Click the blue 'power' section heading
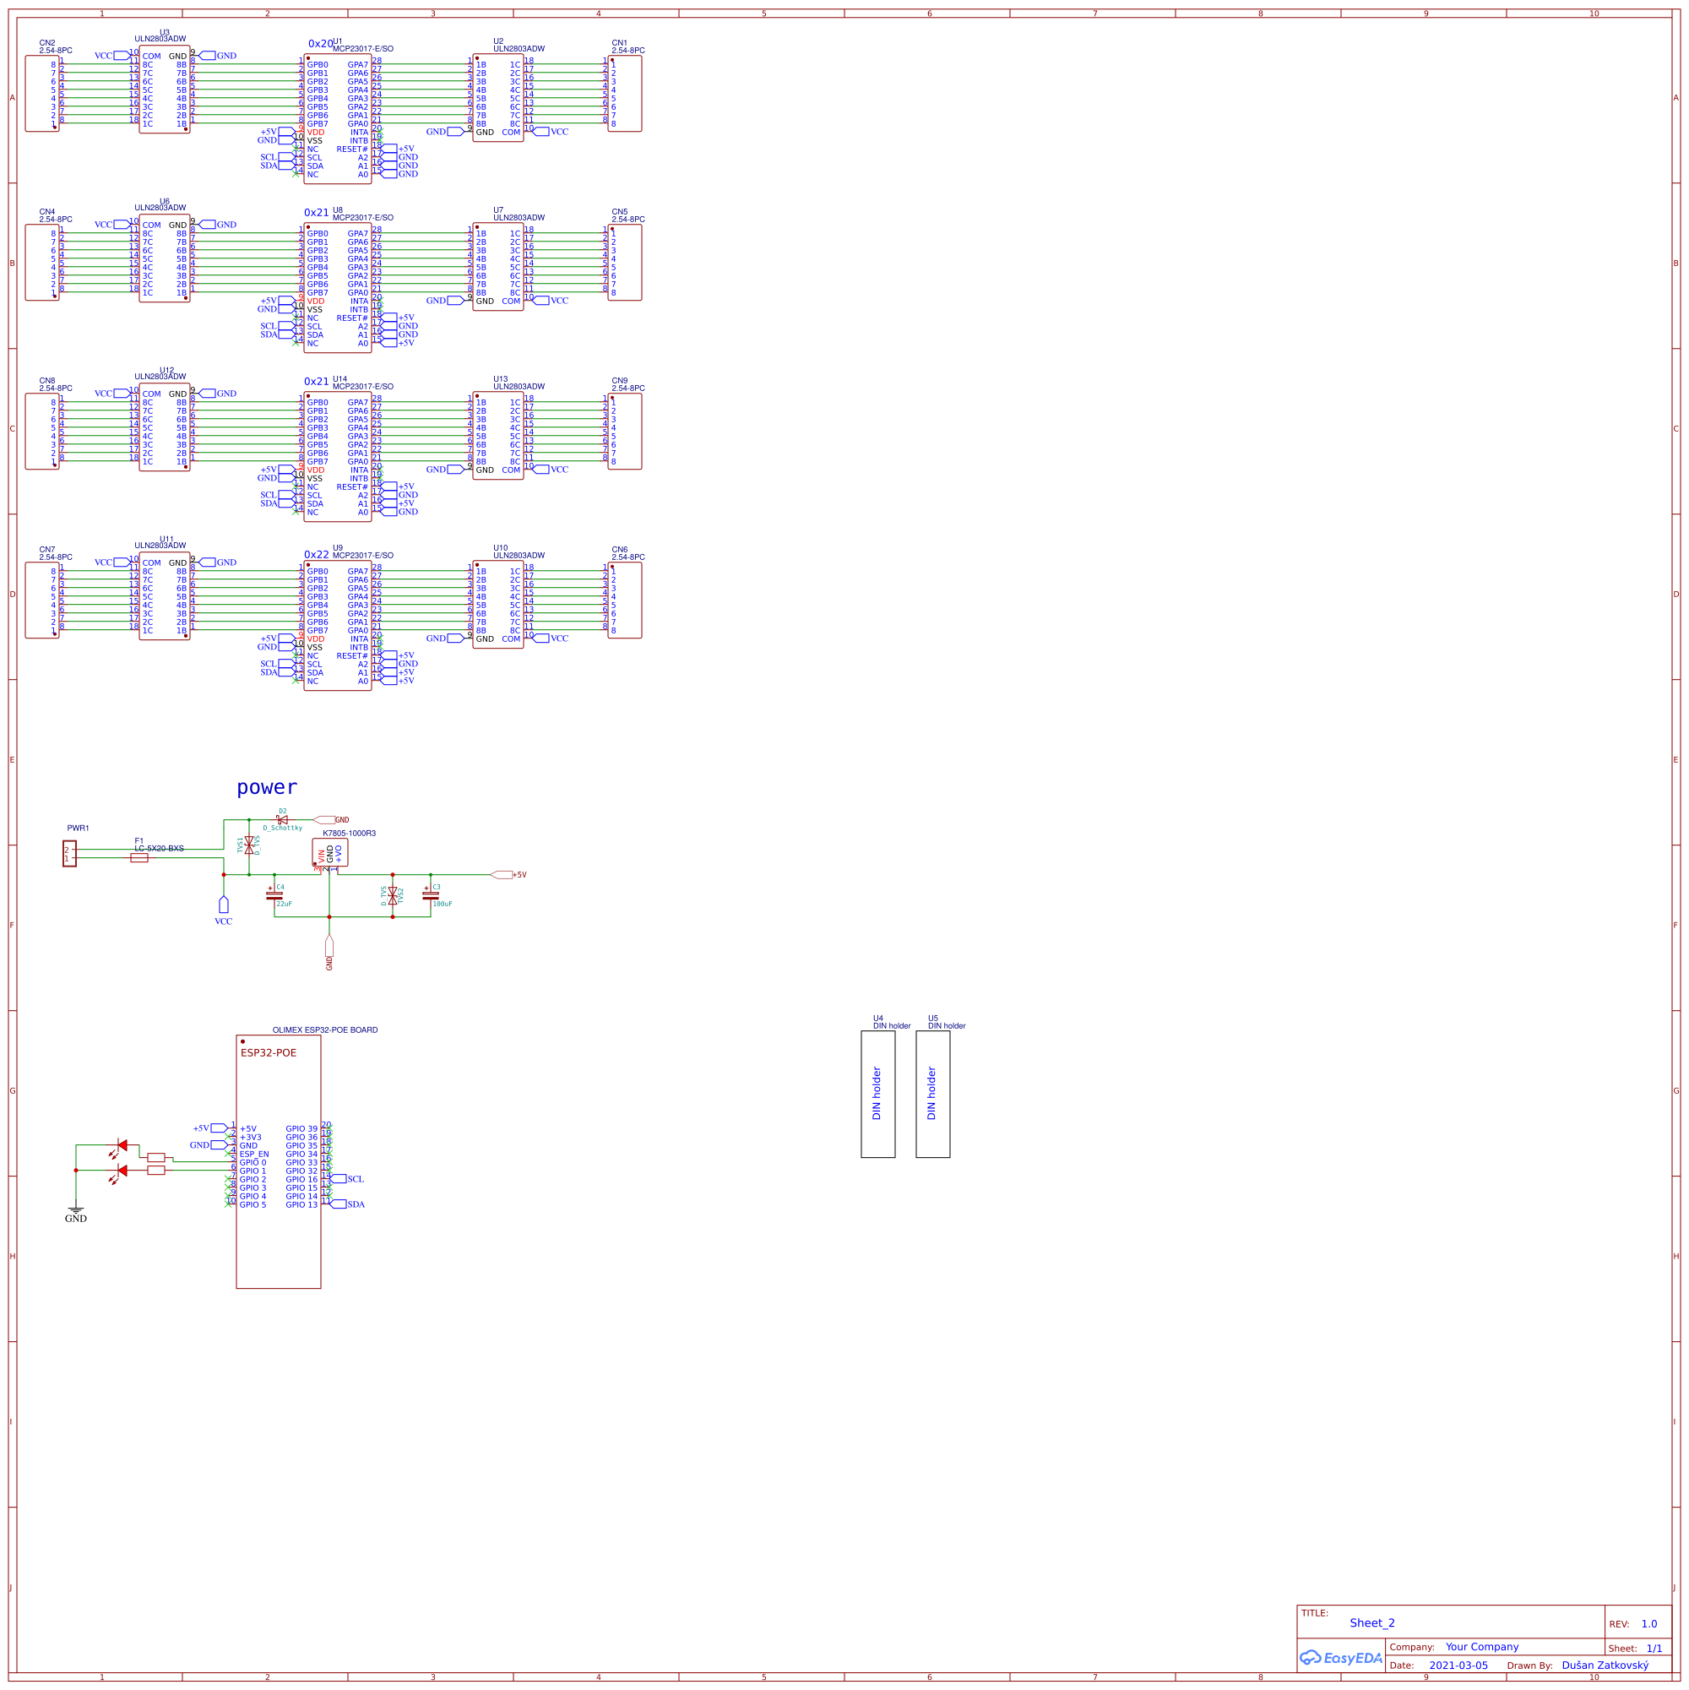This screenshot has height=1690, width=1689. (x=267, y=787)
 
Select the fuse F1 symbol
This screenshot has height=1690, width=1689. (x=139, y=857)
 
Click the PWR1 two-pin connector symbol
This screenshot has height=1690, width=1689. (x=69, y=853)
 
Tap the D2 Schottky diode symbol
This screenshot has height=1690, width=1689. (x=282, y=819)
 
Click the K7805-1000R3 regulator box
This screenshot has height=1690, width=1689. (x=329, y=852)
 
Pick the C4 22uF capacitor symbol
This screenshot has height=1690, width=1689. (x=274, y=895)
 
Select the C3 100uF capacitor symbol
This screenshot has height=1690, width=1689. (x=431, y=895)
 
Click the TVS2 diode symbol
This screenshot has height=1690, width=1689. (x=393, y=895)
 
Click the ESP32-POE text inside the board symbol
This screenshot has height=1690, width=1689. (x=269, y=1052)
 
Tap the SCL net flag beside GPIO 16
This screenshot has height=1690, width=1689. (x=339, y=1178)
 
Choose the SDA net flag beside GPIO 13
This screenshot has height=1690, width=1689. (x=339, y=1204)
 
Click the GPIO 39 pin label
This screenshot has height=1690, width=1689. (x=301, y=1128)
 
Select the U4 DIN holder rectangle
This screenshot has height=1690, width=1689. (x=877, y=1094)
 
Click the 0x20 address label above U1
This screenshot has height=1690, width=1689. (x=319, y=44)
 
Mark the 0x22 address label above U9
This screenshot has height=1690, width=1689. (x=316, y=555)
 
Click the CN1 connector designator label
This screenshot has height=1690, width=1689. (x=619, y=43)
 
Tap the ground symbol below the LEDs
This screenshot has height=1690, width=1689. (x=76, y=1209)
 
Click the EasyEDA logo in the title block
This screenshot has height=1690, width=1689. (x=1341, y=1657)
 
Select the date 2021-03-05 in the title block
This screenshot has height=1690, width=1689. (x=1458, y=1665)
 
